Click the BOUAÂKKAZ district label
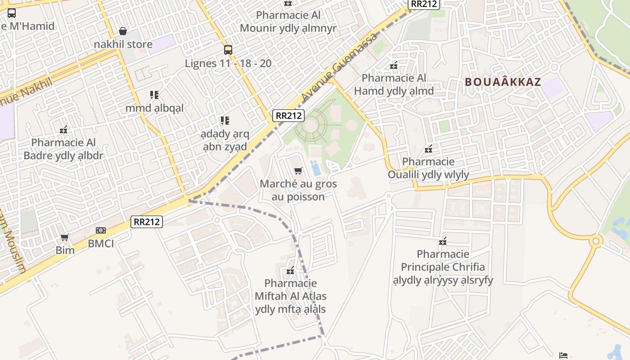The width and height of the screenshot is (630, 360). click(503, 82)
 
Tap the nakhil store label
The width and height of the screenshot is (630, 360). click(123, 45)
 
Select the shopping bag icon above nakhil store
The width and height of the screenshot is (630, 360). click(122, 31)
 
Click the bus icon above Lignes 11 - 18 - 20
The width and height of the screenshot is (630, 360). click(228, 49)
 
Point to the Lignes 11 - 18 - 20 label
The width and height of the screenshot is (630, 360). click(228, 63)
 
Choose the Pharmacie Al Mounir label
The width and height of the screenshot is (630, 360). click(288, 22)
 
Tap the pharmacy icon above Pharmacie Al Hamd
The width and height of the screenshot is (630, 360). click(394, 66)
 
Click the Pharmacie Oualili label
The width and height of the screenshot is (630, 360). click(428, 168)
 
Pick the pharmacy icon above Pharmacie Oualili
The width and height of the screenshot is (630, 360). click(428, 148)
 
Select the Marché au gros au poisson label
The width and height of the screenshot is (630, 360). click(298, 190)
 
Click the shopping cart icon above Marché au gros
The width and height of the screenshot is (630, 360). click(297, 171)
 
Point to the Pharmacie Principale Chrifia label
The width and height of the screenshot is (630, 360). click(443, 267)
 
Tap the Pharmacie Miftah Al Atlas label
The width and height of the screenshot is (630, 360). click(291, 296)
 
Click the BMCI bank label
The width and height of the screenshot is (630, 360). click(101, 244)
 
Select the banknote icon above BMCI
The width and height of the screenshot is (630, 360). click(101, 230)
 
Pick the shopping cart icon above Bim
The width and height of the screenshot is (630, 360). click(65, 237)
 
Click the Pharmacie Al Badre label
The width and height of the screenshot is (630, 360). click(63, 149)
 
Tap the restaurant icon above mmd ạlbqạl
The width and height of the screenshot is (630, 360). click(154, 95)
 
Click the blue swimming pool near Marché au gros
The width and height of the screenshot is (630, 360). click(315, 168)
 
